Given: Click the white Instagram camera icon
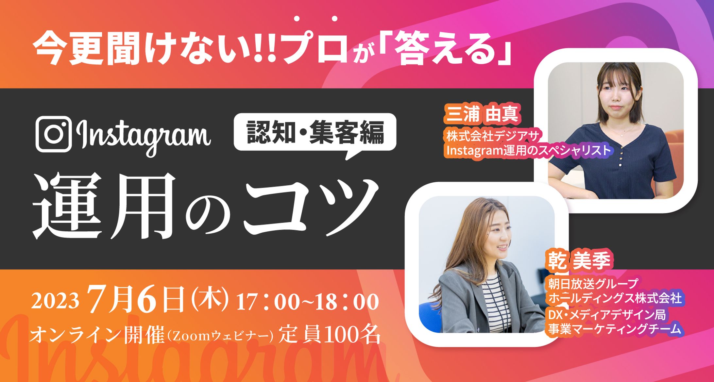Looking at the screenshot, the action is (54, 134).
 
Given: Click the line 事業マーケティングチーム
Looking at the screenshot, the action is (614, 329).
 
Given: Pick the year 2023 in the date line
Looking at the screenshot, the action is (55, 301).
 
